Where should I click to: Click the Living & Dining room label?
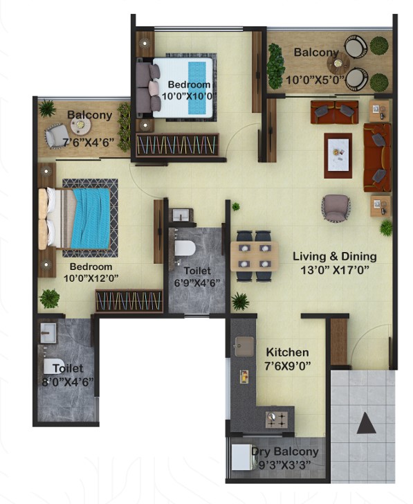335,256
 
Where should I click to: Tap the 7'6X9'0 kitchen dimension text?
287,366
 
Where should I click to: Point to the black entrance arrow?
366,423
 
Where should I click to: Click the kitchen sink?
244,346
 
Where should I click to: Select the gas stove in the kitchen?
277,420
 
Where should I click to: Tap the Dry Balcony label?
285,451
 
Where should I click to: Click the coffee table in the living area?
338,156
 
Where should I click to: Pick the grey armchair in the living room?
336,208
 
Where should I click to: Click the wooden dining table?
255,256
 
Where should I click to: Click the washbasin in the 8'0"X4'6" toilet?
48,333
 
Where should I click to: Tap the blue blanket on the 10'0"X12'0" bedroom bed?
91,218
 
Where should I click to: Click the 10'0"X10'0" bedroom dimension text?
187,96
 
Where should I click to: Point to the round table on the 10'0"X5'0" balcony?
338,64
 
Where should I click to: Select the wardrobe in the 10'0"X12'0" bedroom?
129,301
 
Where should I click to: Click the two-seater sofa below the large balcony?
334,112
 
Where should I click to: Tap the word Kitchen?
287,352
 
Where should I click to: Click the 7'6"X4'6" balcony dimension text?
89,143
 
